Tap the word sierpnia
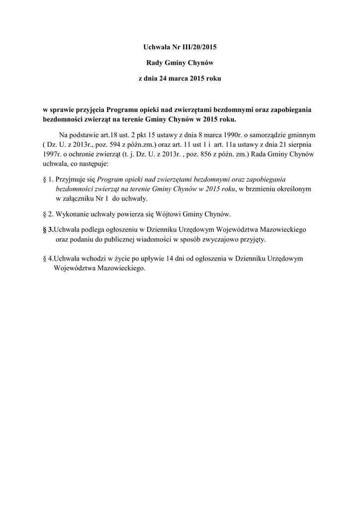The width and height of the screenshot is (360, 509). (299, 144)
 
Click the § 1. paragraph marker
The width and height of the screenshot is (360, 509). (49, 179)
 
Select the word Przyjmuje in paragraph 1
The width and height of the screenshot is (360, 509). (70, 179)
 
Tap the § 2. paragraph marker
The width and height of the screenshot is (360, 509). (49, 214)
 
